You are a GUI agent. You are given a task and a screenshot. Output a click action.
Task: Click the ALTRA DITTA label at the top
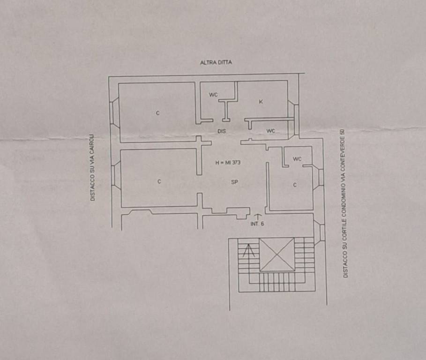pos(216,62)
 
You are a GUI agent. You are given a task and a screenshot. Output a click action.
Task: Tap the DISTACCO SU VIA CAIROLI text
pos(92,168)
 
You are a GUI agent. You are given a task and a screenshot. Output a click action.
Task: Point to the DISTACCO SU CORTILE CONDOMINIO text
pos(345,202)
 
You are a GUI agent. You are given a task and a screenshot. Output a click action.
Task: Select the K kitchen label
pos(261,102)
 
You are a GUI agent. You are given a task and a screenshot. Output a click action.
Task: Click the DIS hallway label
pos(222,131)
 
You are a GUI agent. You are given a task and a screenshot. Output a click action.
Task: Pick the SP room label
pos(234,182)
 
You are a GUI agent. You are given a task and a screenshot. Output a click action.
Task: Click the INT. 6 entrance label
pos(257,224)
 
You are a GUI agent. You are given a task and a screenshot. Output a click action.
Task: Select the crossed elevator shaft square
pos(277,255)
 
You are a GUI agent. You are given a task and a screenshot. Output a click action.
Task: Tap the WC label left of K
pos(213,95)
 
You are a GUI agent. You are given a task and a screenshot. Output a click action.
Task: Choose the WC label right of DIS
pos(271,131)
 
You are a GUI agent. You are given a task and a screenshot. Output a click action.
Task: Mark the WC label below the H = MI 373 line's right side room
pos(297,159)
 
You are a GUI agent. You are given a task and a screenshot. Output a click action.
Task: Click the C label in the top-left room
pos(157,113)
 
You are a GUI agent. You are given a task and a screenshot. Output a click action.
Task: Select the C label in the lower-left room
pos(159,181)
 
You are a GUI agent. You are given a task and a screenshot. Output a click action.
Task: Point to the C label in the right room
pos(295,185)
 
